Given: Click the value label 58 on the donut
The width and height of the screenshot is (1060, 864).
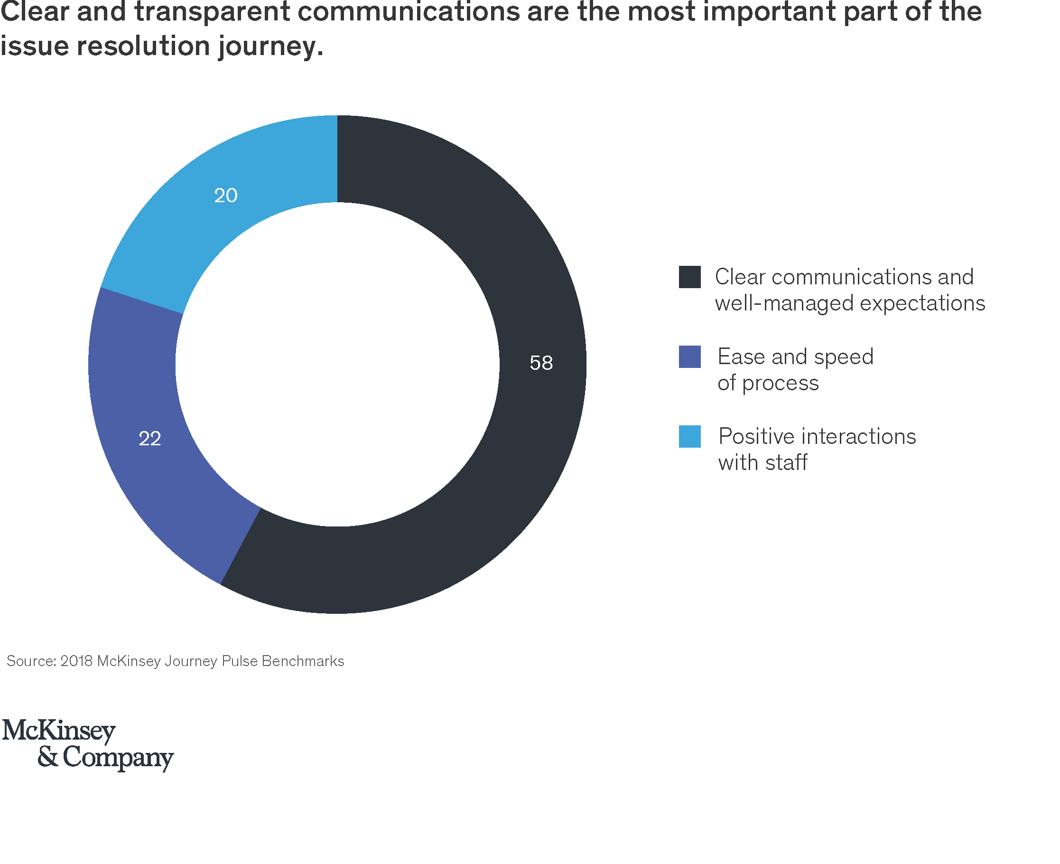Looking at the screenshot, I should [541, 363].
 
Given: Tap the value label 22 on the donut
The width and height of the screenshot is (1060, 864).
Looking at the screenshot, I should [150, 439].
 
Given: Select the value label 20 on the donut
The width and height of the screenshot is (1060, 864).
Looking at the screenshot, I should [225, 195].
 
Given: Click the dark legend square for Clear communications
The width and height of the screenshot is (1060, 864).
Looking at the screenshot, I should [689, 277].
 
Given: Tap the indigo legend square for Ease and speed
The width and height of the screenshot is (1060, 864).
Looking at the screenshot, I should [689, 357].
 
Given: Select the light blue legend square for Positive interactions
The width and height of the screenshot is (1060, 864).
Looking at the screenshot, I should [689, 436].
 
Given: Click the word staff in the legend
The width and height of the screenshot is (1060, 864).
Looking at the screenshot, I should [786, 462].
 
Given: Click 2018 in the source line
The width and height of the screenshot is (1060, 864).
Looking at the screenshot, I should [76, 661].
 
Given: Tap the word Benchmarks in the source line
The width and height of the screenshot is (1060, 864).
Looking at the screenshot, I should [302, 661].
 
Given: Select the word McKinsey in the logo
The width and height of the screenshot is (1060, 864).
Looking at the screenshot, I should [59, 731].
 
